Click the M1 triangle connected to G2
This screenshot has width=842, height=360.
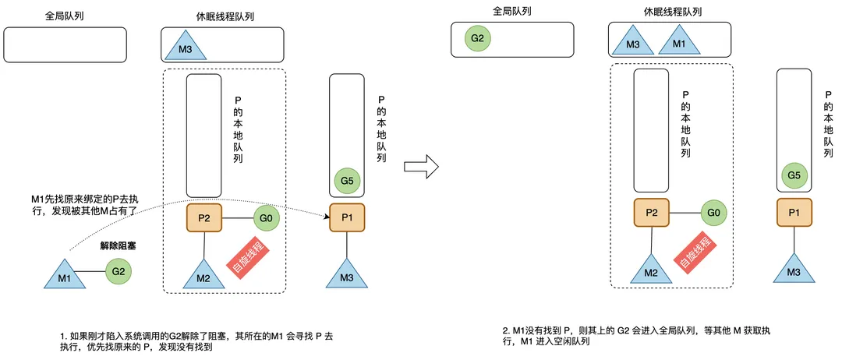tap(64, 277)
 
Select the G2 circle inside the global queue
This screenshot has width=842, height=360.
tap(478, 39)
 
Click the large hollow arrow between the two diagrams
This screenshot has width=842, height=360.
tap(422, 166)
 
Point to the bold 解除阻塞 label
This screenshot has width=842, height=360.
tap(119, 247)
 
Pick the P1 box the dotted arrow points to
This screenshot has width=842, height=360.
tap(347, 217)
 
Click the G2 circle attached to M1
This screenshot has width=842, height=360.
tap(119, 271)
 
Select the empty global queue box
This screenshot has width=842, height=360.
tap(65, 45)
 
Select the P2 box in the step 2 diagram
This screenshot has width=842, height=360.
tap(651, 213)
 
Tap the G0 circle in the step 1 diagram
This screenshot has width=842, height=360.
tap(266, 218)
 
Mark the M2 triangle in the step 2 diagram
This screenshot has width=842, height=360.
tap(651, 270)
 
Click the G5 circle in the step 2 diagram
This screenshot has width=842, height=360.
tap(794, 175)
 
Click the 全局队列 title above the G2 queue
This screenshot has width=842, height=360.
tap(511, 11)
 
